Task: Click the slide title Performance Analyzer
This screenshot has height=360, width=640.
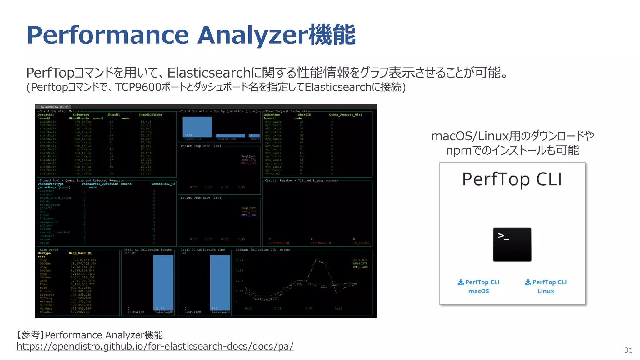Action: [191, 35]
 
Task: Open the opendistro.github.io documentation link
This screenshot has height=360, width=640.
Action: [155, 346]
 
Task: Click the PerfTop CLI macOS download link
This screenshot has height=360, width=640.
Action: [478, 286]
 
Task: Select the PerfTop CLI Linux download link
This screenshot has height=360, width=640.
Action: [546, 286]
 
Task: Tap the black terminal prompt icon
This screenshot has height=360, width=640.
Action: [512, 244]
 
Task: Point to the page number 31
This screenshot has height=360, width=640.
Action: [628, 350]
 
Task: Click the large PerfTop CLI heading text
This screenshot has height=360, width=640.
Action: [512, 179]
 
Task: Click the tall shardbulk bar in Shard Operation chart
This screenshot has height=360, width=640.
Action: [197, 127]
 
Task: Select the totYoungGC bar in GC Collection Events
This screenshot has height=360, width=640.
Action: [163, 282]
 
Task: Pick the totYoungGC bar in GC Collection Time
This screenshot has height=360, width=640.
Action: [220, 282]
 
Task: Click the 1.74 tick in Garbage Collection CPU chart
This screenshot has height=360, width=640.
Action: [239, 260]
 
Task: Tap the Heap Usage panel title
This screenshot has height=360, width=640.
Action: [49, 250]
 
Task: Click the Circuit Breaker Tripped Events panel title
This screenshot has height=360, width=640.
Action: [301, 180]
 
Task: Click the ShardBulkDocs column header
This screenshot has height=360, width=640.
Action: [150, 115]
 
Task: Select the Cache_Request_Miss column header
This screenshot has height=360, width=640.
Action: [345, 115]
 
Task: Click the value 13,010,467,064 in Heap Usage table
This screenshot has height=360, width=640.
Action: [83, 260]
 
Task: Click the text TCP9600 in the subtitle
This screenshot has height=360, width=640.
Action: [138, 87]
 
